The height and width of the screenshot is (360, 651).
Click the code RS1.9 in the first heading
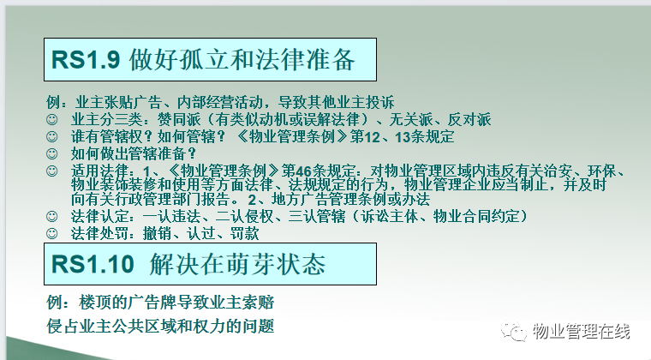[x=86, y=60]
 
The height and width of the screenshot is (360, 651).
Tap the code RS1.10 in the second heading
[x=93, y=265]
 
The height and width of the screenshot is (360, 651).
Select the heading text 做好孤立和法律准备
[x=242, y=60]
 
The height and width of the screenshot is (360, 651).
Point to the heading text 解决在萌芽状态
[x=237, y=264]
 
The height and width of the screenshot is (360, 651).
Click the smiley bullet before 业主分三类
[x=52, y=120]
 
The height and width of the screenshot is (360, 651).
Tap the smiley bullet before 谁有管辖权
[x=52, y=136]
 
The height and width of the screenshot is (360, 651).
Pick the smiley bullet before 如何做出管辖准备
[x=52, y=153]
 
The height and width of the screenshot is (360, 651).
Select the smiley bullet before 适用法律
[x=52, y=171]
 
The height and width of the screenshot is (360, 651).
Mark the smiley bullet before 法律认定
[x=52, y=216]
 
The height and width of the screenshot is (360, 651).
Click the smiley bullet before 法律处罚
[x=52, y=233]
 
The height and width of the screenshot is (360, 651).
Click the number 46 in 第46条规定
[x=303, y=171]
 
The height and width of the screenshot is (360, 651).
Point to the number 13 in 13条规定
[x=403, y=137]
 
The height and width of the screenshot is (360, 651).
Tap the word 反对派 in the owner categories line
[x=469, y=120]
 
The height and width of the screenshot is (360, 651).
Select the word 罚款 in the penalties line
[x=245, y=233]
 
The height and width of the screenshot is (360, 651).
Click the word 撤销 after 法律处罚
[x=157, y=233]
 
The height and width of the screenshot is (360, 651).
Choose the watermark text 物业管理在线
[x=582, y=332]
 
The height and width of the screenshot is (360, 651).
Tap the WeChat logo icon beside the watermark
[x=514, y=332]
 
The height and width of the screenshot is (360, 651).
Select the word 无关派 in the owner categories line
[x=411, y=120]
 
